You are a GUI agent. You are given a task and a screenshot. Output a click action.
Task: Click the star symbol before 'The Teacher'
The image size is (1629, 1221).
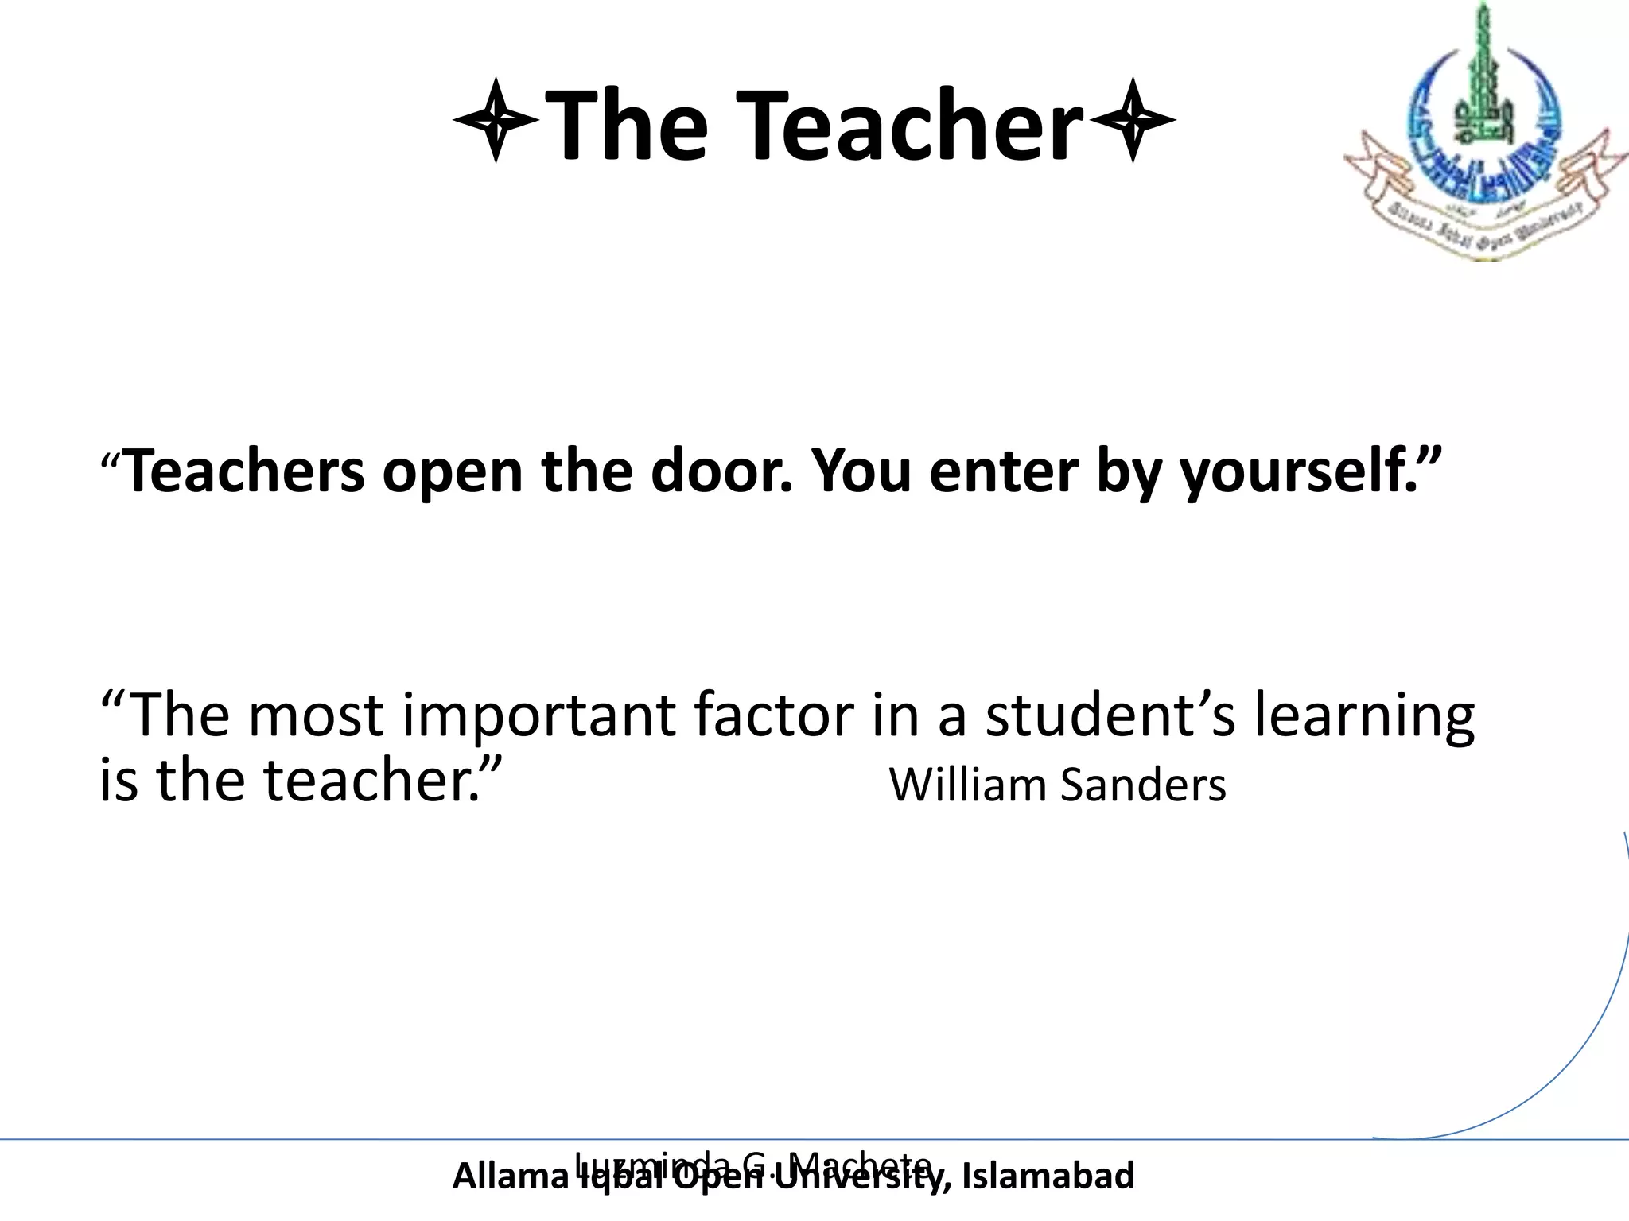click(496, 120)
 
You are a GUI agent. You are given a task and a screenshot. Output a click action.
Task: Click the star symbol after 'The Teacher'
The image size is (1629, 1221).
click(1132, 120)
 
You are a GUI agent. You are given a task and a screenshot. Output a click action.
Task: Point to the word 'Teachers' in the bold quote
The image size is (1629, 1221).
click(245, 471)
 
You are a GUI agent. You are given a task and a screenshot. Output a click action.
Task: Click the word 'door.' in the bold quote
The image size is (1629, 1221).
click(721, 471)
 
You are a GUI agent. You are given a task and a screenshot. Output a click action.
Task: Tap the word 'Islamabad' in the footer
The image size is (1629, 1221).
click(1048, 1176)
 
